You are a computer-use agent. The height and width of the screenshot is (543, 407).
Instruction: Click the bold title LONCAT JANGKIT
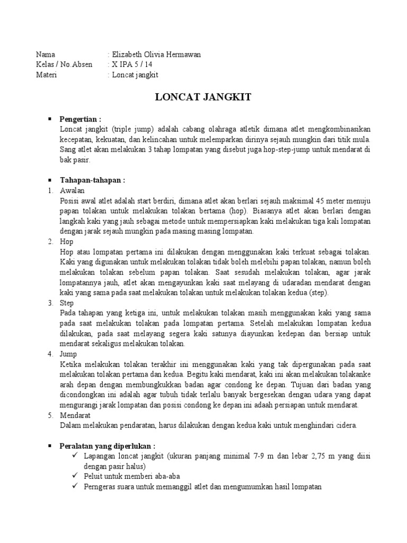point(203,98)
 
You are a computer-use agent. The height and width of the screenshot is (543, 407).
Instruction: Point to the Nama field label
point(45,55)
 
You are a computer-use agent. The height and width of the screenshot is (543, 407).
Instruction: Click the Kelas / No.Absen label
point(64,65)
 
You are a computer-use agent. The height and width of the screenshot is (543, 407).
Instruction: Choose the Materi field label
point(47,75)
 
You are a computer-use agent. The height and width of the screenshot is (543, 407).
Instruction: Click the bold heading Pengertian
point(80,119)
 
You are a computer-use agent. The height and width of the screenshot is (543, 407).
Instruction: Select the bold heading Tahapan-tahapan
point(92,180)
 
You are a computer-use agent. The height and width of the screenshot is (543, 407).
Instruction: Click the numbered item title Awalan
point(73,190)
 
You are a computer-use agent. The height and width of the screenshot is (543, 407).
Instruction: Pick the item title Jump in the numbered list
point(69,354)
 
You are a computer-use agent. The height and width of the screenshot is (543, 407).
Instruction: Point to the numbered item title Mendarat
point(76,415)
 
